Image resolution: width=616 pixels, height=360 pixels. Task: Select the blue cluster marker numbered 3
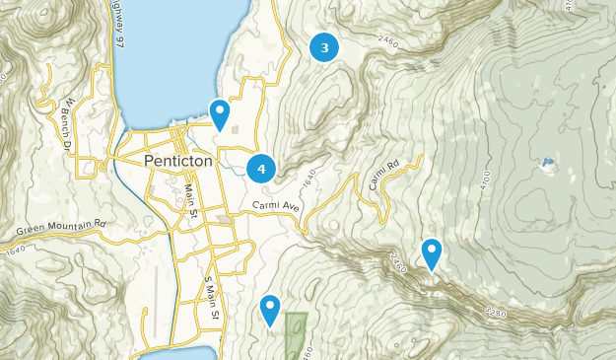[324, 47]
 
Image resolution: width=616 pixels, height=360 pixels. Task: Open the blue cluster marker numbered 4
[261, 170]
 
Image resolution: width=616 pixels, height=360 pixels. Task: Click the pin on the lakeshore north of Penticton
[220, 114]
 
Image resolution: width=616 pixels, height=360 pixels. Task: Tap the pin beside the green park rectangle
[270, 310]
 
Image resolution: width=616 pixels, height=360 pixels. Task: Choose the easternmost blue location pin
[431, 253]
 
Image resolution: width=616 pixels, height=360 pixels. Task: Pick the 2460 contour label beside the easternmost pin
[399, 262]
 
